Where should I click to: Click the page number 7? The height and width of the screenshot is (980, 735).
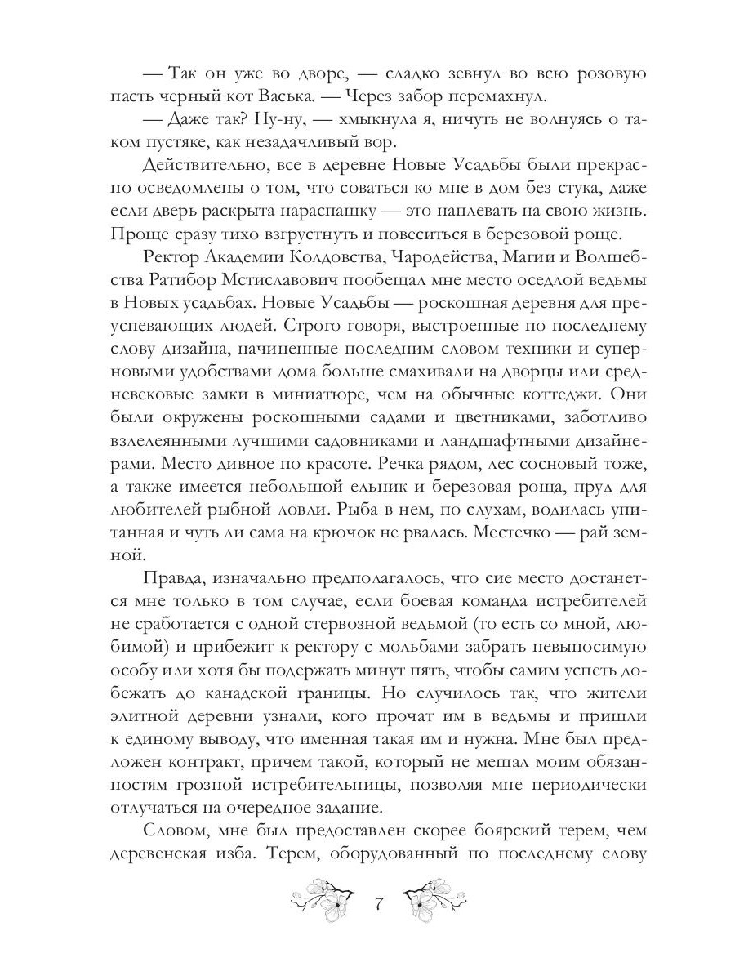(x=377, y=905)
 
